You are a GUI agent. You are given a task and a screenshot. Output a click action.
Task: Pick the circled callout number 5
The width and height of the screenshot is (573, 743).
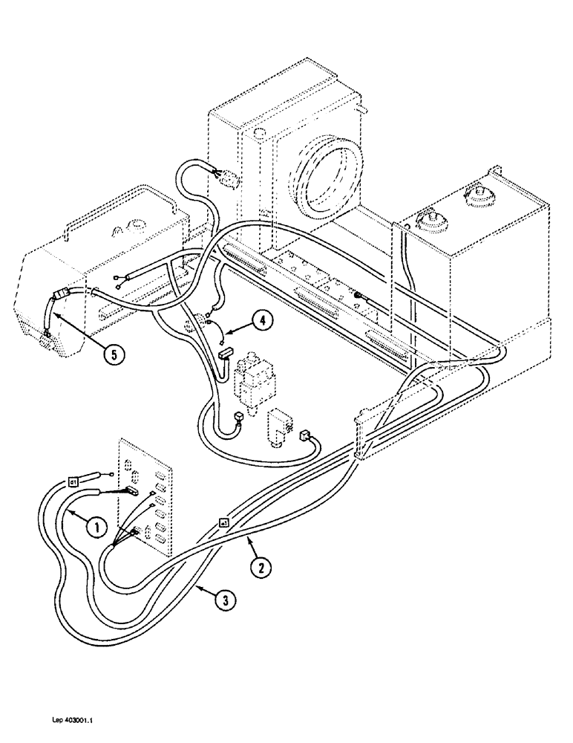(111, 354)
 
